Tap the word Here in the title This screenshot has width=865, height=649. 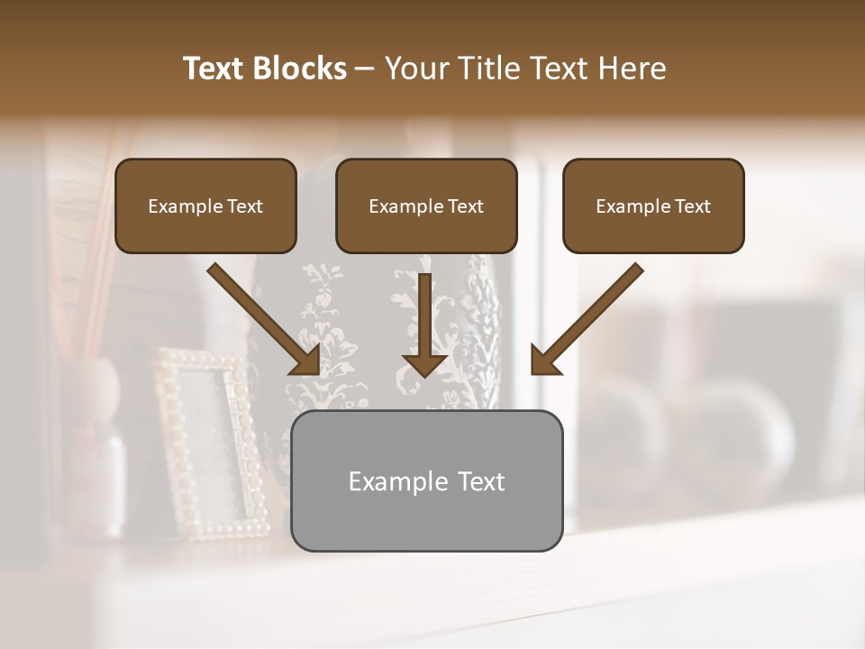click(631, 69)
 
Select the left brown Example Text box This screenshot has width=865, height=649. click(205, 206)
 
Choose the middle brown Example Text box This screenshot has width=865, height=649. click(426, 206)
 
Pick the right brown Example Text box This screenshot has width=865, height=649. click(653, 206)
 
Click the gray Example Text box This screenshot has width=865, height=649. click(426, 480)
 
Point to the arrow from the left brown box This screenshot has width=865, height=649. click(261, 317)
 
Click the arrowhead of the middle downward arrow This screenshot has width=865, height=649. click(424, 362)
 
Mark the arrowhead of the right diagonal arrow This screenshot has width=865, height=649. click(544, 361)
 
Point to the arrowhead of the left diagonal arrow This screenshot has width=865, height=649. click(306, 361)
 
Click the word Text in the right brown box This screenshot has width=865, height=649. click(692, 206)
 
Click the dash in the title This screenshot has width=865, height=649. click(365, 69)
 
